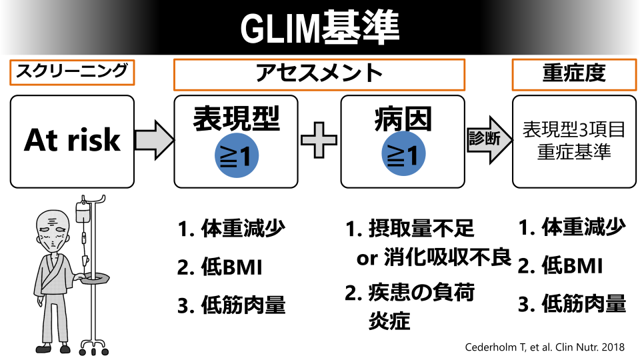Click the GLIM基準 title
(319, 27)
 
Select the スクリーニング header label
(72, 72)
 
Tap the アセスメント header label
(319, 73)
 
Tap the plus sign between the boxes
(319, 141)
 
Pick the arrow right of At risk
(153, 141)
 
